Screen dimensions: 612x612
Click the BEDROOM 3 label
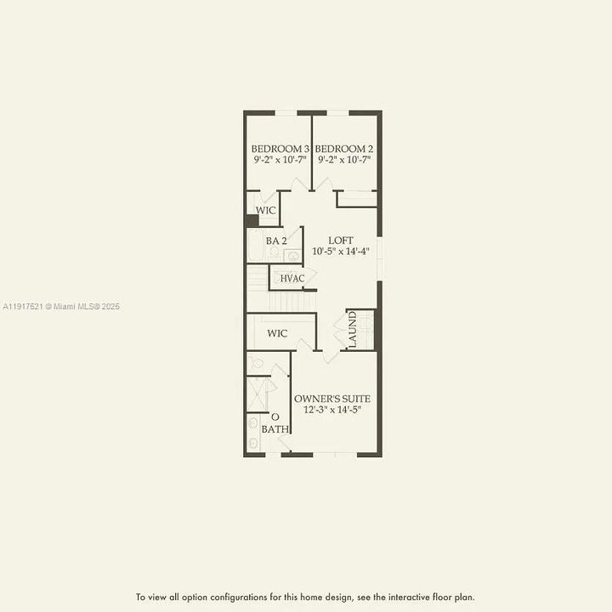(280, 149)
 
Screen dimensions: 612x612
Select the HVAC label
(292, 278)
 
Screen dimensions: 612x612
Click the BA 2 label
(276, 241)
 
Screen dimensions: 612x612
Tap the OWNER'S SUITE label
(332, 399)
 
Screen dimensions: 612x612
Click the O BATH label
(275, 423)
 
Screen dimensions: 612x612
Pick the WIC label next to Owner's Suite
(277, 334)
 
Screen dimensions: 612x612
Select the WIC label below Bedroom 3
(266, 209)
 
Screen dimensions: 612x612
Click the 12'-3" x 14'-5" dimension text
(332, 410)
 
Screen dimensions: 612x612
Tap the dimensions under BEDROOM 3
(280, 159)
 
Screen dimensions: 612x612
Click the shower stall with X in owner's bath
(258, 394)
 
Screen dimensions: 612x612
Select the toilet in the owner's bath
(257, 363)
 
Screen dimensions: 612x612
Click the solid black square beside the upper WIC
(252, 221)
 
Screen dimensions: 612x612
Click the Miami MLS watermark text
(61, 306)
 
